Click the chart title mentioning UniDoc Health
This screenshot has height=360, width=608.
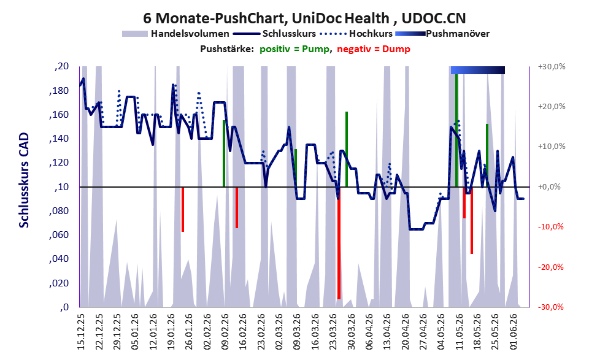(304, 18)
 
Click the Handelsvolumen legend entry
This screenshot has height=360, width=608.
(175, 34)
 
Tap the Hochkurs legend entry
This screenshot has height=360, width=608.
(356, 34)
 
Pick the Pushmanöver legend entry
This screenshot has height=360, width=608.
(442, 34)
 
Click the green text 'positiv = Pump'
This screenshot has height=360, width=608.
(294, 49)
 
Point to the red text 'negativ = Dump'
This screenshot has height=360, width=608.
(374, 49)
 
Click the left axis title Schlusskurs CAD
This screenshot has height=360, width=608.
(24, 180)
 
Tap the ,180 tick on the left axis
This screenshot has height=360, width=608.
(59, 91)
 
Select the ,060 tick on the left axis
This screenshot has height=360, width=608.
(59, 235)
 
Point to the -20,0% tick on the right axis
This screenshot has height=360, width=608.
(550, 267)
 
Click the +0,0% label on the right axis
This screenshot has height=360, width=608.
(549, 187)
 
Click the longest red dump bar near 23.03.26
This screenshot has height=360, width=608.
(339, 243)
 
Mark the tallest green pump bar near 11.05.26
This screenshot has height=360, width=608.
(456, 130)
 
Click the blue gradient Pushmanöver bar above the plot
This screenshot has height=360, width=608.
(478, 70)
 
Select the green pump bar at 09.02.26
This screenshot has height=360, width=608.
(224, 153)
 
